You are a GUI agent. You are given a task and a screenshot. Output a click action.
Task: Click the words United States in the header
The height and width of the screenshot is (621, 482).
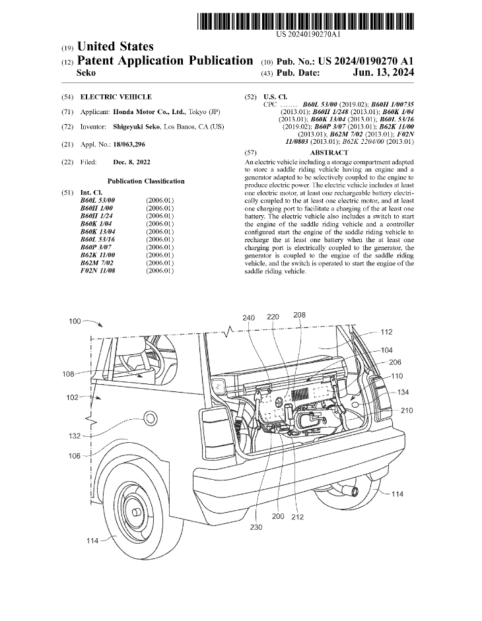click(x=116, y=47)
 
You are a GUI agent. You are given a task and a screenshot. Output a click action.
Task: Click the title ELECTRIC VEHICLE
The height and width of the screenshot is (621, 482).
click(x=116, y=97)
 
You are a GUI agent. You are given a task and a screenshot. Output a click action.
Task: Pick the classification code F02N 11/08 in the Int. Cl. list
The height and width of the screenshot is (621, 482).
click(x=98, y=271)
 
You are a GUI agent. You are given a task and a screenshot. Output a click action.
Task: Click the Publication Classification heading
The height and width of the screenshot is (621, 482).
click(x=146, y=181)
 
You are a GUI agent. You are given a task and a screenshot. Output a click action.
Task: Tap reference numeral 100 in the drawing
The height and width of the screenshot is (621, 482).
click(x=76, y=321)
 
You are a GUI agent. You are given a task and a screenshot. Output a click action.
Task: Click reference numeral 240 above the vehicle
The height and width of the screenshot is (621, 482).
click(x=248, y=317)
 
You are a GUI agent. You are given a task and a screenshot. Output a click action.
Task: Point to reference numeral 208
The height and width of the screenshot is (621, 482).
click(x=299, y=315)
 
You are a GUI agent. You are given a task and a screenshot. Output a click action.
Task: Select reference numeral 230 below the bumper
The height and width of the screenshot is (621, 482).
click(x=256, y=527)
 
